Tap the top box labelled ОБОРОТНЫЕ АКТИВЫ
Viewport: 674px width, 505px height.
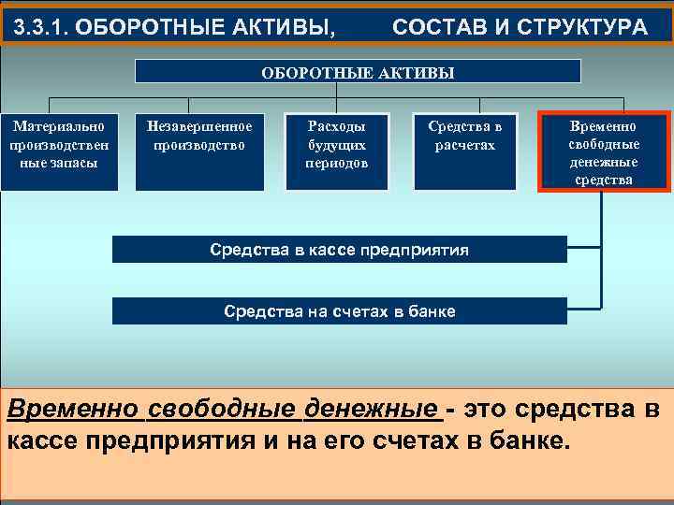(x=358, y=72)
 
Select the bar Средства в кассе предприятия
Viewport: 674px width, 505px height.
(x=339, y=250)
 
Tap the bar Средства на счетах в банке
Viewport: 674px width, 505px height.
(x=339, y=311)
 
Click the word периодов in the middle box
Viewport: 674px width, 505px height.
(x=336, y=163)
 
